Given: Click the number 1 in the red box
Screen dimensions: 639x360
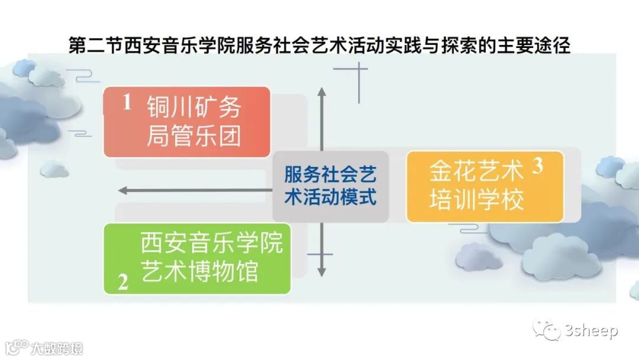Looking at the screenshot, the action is click(127, 103).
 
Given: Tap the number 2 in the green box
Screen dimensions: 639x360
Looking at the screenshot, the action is click(123, 282).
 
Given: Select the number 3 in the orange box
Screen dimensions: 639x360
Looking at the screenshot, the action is click(537, 167).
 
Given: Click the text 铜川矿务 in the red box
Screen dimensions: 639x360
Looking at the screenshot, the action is click(194, 108).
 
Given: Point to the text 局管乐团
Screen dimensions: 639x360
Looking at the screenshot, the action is click(194, 136).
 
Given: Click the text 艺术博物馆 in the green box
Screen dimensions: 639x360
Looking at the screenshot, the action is click(200, 272).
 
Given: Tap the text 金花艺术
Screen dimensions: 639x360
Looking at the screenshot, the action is click(476, 172).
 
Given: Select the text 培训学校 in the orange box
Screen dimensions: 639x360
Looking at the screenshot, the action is click(476, 200).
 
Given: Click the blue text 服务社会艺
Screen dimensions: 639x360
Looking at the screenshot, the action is click(330, 175).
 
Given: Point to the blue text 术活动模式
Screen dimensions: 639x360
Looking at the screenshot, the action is click(330, 197).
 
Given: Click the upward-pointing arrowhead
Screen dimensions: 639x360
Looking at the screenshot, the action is click(321, 92).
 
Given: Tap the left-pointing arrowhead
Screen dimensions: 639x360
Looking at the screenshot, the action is click(122, 191).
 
